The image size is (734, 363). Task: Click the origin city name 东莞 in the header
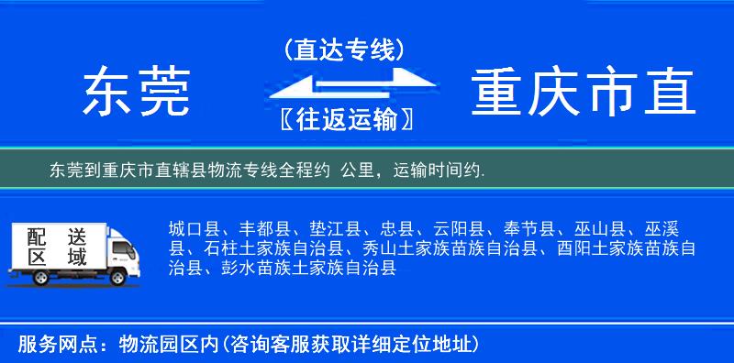(137, 93)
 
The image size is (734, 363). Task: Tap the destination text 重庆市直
(584, 93)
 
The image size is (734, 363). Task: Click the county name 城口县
(193, 228)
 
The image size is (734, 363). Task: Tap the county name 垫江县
(336, 228)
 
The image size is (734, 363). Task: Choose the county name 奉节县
(528, 228)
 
